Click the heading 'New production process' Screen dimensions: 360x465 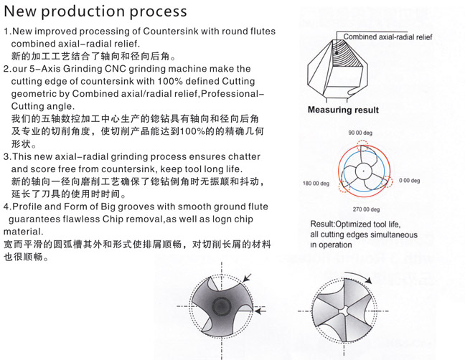[x=95, y=11]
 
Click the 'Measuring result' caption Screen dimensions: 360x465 [x=343, y=110]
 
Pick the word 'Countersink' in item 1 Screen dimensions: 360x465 [x=172, y=32]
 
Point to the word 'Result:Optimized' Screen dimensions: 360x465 [x=344, y=224]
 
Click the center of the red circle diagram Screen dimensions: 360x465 [x=362, y=172]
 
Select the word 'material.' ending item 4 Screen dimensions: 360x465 [x=24, y=232]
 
